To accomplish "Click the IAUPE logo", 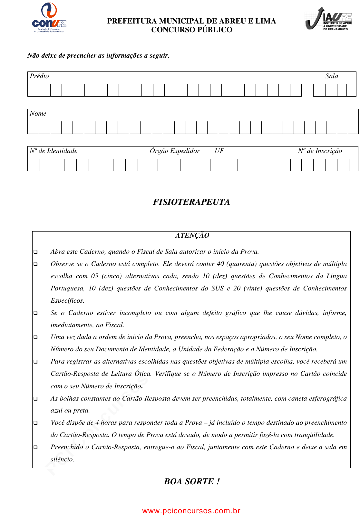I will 328,19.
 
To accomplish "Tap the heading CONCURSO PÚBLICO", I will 192,30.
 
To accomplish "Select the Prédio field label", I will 39,76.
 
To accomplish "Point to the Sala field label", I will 332,76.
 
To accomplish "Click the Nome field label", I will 38,114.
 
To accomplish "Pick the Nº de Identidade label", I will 54,151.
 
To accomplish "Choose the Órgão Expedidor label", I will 175,151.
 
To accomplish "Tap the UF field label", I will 219,151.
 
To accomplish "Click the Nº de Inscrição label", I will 320,151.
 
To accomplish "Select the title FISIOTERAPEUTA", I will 191,202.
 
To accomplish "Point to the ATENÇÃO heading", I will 192,236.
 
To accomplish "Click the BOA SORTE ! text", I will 192,481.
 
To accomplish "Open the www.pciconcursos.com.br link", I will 191,511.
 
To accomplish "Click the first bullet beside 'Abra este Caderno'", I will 35,252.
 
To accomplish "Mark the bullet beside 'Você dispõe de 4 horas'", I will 35,423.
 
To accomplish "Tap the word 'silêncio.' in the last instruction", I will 63,459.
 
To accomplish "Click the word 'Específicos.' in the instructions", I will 67,301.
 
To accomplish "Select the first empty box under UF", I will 217,165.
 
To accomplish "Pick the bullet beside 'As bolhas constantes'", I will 35,399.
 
